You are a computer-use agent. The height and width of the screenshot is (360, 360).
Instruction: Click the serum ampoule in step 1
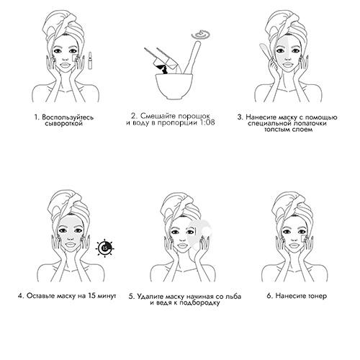click(x=90, y=60)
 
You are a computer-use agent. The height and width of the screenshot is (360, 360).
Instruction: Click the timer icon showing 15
click(x=104, y=248)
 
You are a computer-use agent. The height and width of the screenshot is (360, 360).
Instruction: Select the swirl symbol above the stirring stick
click(x=201, y=35)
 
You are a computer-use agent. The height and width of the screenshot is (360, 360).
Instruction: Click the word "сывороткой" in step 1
click(x=64, y=124)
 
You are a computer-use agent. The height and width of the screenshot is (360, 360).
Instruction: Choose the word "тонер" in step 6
click(x=316, y=296)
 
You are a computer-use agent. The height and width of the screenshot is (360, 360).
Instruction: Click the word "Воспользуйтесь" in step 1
click(x=68, y=117)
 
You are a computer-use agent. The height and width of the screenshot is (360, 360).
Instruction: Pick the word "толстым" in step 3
click(x=278, y=130)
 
